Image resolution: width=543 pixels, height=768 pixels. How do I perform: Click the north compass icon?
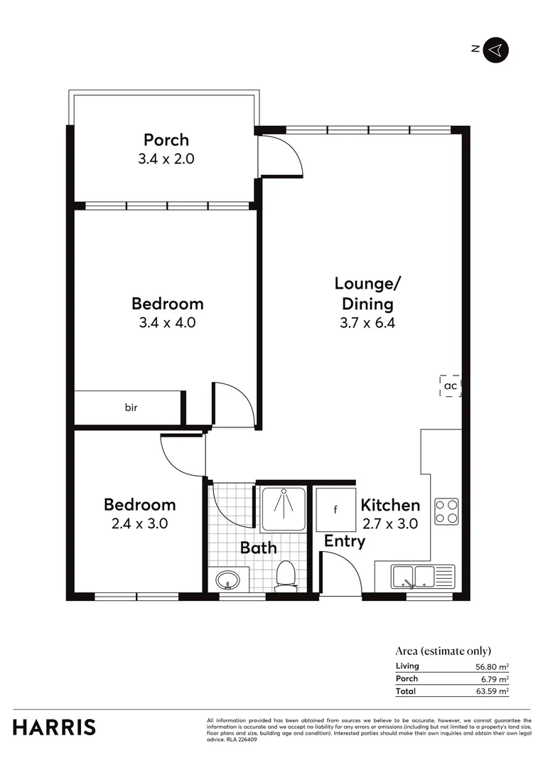496,49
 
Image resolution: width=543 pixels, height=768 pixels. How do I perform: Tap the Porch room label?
166,139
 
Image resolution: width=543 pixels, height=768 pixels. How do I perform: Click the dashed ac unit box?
450,385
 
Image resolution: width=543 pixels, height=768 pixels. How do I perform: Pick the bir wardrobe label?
131,407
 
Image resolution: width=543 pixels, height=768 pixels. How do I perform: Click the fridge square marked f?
335,509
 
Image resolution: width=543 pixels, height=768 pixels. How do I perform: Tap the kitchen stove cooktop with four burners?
446,509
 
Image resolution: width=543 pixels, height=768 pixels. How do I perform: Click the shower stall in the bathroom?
283,509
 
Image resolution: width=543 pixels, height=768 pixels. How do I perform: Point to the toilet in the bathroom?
286,574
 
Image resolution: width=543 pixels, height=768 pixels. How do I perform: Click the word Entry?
345,541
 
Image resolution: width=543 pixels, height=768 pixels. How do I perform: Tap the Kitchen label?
390,506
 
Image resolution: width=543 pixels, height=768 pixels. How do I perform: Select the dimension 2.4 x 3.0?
139,523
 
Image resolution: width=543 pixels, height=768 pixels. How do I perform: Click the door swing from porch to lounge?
281,155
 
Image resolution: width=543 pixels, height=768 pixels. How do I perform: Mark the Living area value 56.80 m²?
491,666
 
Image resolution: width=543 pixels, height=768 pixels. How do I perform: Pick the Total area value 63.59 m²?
491,691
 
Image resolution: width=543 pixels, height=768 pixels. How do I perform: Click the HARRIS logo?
54,727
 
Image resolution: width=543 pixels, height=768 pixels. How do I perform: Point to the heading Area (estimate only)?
443,651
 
